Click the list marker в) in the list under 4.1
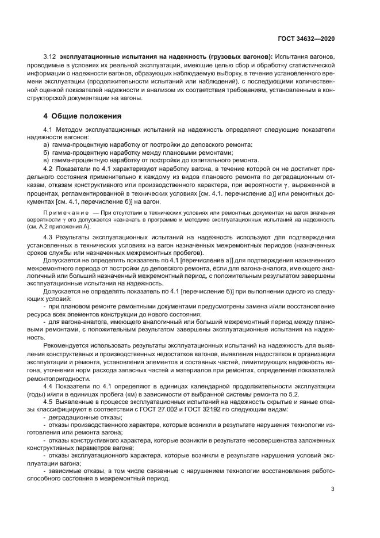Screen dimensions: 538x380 click(x=39, y=160)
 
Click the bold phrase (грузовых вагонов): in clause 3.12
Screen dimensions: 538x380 click(x=239, y=59)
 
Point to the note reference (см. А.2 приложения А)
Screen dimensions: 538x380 click(x=60, y=226)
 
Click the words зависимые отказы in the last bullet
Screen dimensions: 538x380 click(x=72, y=472)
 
